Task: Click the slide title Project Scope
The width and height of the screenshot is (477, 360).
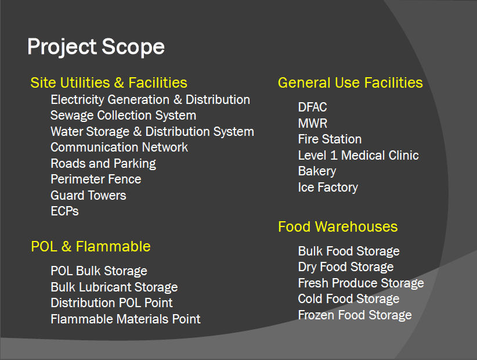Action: coord(96,47)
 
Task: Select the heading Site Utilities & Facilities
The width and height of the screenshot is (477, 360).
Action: coord(109,83)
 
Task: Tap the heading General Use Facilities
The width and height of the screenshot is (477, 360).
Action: coord(350,83)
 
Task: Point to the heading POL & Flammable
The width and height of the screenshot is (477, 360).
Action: coord(91,247)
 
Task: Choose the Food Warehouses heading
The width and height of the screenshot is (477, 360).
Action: coord(338,226)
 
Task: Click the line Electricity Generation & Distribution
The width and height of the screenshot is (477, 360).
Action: coord(150,100)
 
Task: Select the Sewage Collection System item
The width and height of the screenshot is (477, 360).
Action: coord(123,116)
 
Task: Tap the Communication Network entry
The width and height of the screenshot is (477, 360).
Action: coord(120,147)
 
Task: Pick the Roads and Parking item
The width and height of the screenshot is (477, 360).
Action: coord(103,164)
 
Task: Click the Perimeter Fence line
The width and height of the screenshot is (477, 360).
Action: coord(96,179)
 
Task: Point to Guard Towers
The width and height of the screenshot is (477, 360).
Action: coord(88,195)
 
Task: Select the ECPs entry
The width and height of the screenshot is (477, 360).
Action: coord(64,211)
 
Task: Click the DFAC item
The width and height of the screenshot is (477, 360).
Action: coord(312,107)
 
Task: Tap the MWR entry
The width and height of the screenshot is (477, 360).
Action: coord(313,123)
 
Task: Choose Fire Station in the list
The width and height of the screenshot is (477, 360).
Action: coord(330,139)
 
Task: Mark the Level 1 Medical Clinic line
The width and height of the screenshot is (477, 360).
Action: coord(359,155)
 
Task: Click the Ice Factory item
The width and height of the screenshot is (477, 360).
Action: coord(328,188)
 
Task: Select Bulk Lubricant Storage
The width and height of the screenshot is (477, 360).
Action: coord(114,287)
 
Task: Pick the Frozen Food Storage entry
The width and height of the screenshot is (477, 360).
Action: coord(355,315)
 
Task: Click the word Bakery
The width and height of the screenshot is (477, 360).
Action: coord(317,171)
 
